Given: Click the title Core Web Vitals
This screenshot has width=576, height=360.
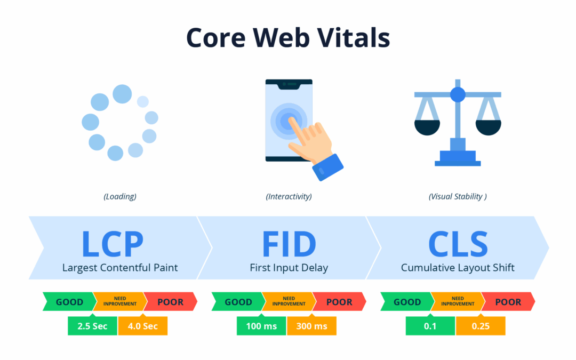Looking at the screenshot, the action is [288, 37].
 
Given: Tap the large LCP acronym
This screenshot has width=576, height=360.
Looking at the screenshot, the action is [113, 244].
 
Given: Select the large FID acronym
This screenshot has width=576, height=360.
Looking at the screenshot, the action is [289, 244].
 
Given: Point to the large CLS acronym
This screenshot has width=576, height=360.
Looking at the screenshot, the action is [458, 244].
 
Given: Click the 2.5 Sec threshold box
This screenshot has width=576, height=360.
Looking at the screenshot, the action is [93, 326].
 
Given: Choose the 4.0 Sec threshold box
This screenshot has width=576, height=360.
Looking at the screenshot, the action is [142, 326].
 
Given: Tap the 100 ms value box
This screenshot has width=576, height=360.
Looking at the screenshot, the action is [261, 326].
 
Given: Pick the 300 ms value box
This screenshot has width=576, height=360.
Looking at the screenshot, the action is [311, 326].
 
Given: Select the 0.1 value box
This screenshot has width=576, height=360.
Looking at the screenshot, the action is [430, 326].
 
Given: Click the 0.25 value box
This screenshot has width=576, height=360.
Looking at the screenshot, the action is [481, 326].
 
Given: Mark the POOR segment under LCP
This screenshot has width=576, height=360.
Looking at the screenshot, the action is [171, 301].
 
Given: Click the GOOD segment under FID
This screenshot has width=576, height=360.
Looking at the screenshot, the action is [238, 301].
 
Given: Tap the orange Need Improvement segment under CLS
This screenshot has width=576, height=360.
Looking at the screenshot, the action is [458, 301].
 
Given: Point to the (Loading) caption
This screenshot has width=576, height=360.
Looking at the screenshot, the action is [120, 196].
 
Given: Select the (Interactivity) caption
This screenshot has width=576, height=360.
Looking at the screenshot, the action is [289, 196].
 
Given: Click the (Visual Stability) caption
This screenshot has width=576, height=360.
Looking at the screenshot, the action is [458, 196].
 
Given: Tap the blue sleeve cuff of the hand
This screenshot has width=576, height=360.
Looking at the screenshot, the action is [327, 167].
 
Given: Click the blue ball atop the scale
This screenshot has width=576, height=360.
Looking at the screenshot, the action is [458, 94].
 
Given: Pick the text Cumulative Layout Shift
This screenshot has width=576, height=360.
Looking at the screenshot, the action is [458, 268].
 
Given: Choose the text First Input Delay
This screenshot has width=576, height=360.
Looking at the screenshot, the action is [289, 268].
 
